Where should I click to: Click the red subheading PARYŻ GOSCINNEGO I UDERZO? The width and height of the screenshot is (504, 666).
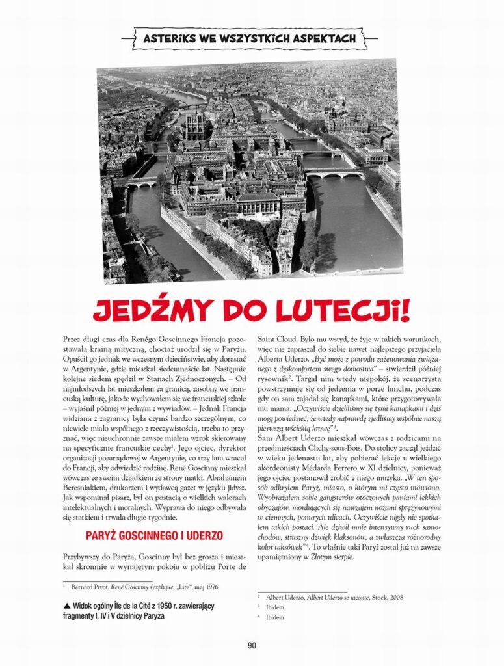click(x=155, y=536)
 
